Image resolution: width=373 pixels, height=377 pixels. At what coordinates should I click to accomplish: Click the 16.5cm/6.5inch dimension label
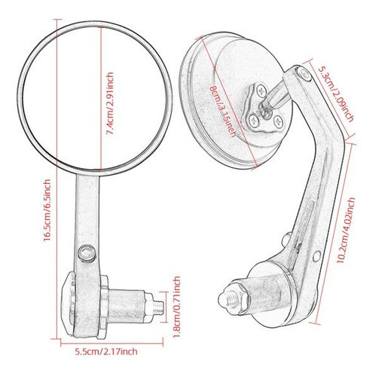(47, 210)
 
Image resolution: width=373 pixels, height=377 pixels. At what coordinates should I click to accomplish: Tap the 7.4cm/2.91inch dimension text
(110, 104)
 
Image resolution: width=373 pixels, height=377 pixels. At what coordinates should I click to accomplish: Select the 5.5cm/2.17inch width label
(106, 351)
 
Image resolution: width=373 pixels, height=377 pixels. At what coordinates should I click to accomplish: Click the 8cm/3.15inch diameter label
(224, 112)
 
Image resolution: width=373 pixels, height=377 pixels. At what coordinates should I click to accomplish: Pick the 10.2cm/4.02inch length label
(347, 230)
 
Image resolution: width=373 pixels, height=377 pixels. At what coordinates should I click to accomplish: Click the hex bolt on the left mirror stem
(87, 253)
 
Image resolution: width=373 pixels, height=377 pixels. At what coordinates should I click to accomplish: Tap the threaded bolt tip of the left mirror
(157, 308)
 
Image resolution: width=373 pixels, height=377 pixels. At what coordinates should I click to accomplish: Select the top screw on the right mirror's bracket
(261, 90)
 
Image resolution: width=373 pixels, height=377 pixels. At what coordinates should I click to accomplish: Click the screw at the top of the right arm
(304, 75)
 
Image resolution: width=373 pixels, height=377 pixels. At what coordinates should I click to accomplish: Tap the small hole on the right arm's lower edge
(317, 255)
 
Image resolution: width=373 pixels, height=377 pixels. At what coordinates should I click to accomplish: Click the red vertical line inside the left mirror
(101, 97)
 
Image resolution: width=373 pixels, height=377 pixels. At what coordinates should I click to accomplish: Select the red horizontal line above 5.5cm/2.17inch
(112, 343)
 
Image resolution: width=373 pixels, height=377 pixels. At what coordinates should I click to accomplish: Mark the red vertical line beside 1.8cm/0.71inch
(167, 307)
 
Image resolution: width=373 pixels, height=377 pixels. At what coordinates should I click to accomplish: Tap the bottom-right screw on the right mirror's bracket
(279, 122)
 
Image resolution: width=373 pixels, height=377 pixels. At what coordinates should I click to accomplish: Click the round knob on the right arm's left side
(286, 239)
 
